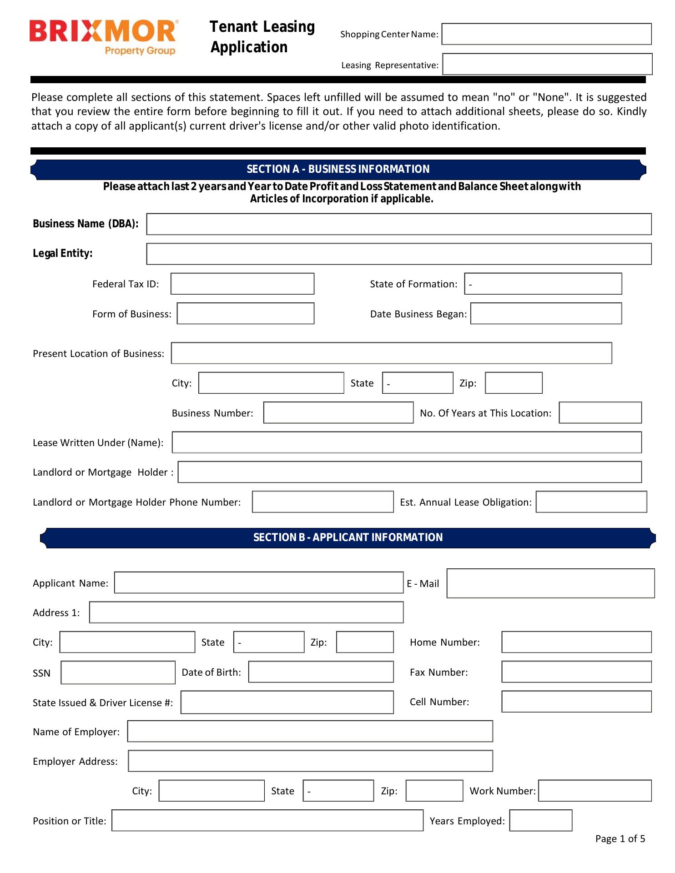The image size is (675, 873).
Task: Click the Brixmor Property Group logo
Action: point(104,37)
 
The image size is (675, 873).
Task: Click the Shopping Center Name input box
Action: point(546,34)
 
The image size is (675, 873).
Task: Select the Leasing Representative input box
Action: point(547,64)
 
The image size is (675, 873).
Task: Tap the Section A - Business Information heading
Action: point(338,169)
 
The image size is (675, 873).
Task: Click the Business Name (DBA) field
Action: point(398,224)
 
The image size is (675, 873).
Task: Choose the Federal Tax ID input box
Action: point(242,284)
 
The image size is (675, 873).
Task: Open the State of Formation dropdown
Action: point(543,284)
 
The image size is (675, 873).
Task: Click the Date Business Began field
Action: point(546,314)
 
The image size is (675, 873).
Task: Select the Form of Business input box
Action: point(246,314)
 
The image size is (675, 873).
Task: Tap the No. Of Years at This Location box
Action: point(600,412)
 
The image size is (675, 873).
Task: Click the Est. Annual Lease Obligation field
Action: point(591,502)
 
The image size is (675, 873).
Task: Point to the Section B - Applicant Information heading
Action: point(348,537)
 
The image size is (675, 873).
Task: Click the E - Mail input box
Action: point(550,583)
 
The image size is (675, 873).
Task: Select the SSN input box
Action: point(118,672)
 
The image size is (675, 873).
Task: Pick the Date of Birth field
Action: point(321,672)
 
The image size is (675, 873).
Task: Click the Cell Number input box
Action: point(576,702)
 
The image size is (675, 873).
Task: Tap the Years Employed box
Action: point(540,820)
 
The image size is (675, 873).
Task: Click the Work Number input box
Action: point(594,791)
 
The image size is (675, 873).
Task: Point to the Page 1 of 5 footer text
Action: point(620,839)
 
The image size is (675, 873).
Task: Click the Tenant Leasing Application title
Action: point(262,37)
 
